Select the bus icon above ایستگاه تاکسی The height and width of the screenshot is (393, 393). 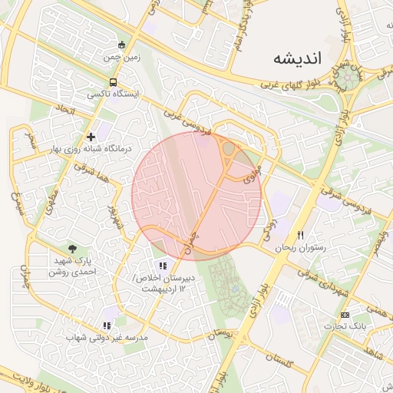[x=114, y=82]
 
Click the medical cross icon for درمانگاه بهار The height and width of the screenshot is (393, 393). [x=91, y=136]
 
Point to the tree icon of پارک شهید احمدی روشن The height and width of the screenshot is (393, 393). [x=72, y=249]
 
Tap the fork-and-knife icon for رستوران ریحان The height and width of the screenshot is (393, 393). [x=301, y=236]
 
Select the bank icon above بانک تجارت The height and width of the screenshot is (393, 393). [x=345, y=315]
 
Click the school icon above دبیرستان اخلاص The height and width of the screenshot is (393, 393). [x=162, y=266]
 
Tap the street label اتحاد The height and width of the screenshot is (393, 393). [x=66, y=112]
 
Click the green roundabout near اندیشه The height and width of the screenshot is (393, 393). [x=350, y=76]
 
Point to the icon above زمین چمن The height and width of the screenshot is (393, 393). [x=121, y=43]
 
